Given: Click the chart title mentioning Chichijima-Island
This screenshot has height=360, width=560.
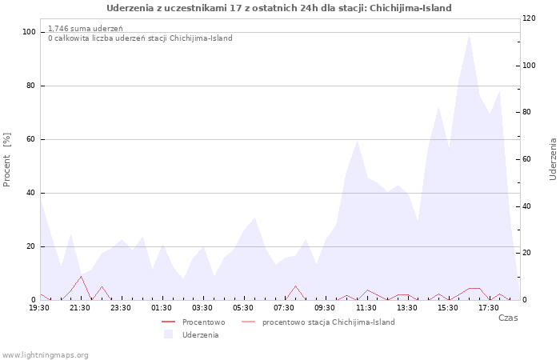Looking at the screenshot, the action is pos(279,8).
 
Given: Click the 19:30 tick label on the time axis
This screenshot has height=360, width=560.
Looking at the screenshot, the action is pos(39,308).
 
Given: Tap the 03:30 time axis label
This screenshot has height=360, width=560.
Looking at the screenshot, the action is pos(202,308).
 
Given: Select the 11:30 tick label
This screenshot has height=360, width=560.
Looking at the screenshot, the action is pos(366,308).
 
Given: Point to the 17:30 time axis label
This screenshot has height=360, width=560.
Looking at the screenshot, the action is pos(489,308).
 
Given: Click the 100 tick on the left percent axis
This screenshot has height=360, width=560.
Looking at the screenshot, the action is pos(30,32).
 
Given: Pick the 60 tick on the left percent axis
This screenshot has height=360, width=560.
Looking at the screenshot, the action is pos(31,139).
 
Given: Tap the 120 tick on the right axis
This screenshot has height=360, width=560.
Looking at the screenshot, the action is pos(530,18).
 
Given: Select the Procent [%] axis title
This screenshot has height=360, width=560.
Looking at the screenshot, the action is pos(6,160).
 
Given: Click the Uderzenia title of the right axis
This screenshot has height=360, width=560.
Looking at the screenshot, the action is pos(553,159).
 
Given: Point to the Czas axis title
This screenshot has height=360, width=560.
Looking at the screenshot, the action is pos(508,318).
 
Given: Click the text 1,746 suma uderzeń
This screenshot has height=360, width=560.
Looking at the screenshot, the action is pos(86,29).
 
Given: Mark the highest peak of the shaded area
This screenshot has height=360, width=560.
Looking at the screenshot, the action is pos(469,34).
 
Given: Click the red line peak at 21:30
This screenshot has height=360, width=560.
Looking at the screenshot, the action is pos(81,276).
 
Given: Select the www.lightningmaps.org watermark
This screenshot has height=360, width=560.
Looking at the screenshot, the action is pos(45,355).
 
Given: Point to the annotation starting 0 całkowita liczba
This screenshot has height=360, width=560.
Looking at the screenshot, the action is pos(140,38).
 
